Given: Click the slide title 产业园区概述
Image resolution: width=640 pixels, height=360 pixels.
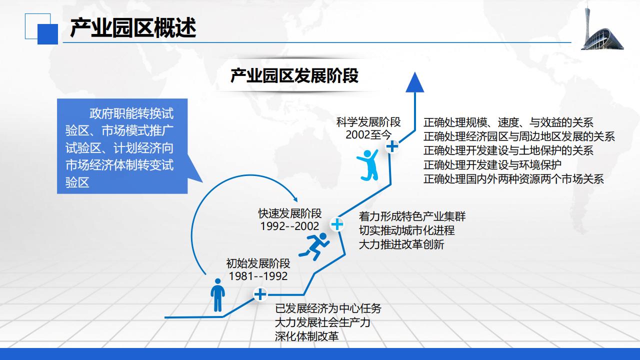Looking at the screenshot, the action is [133, 27].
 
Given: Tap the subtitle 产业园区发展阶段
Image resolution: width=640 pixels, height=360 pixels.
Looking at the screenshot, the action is [294, 75].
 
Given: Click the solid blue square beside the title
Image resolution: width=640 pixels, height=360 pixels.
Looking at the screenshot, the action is [47, 34].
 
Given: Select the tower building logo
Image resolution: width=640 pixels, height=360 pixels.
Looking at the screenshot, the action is [602, 28].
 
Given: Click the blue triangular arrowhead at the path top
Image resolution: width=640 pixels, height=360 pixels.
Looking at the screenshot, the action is [415, 82].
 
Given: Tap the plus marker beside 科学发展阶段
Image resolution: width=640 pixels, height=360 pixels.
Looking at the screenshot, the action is [392, 146].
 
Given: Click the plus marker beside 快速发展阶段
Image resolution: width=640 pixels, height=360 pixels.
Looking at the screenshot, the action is [337, 224].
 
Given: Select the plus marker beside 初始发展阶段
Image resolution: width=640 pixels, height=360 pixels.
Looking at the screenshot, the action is [260, 294].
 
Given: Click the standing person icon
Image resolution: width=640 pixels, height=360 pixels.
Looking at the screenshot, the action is [217, 295].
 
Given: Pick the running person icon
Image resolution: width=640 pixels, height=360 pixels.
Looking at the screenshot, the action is [314, 246].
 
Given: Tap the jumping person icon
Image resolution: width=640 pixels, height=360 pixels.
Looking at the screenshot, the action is [368, 165].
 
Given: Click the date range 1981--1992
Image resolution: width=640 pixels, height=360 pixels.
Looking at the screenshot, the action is [258, 276].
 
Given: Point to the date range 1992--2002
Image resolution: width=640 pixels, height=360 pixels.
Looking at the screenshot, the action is [289, 226].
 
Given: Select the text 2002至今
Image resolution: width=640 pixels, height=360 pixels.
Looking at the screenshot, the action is [368, 135].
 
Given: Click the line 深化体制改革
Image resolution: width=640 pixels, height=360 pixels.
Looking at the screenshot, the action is [307, 336].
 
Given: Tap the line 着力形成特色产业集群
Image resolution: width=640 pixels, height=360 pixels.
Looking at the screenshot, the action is [412, 216].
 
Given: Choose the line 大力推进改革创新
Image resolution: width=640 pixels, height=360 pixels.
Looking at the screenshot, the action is [401, 244].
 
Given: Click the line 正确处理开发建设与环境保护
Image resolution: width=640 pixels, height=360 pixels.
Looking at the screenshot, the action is [492, 165].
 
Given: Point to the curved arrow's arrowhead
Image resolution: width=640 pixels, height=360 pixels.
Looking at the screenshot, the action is [295, 199].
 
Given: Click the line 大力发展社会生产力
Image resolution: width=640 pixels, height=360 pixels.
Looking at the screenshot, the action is [322, 322].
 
